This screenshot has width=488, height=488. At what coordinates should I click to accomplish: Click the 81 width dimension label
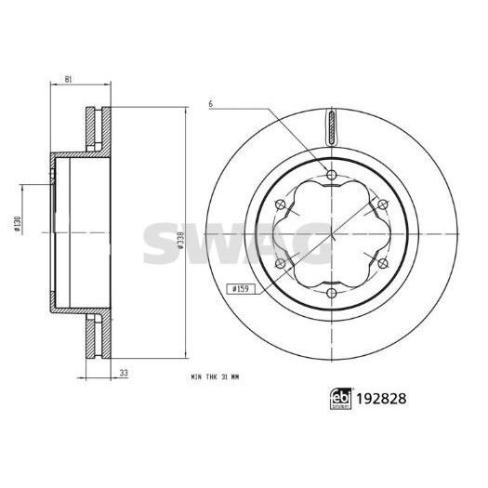click(x=70, y=81)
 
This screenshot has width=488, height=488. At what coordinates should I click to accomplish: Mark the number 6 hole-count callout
click(x=211, y=105)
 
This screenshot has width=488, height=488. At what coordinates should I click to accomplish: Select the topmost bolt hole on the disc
click(x=331, y=174)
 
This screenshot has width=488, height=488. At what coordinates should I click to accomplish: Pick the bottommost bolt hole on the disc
click(x=331, y=295)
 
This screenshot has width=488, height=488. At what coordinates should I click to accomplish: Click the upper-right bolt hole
click(x=383, y=204)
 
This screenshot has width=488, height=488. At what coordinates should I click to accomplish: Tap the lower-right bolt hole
click(x=383, y=265)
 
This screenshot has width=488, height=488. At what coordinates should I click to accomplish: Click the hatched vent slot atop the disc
click(x=331, y=126)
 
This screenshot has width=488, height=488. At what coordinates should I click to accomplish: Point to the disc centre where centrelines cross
click(x=331, y=234)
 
